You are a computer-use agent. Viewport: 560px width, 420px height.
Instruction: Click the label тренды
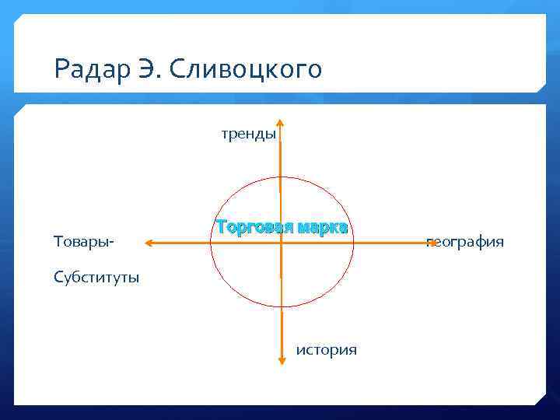(248, 134)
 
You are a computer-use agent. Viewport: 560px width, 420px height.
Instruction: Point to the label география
(465, 242)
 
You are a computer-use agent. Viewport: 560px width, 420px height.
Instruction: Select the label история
(327, 350)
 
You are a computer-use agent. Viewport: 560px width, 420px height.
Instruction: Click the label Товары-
(84, 242)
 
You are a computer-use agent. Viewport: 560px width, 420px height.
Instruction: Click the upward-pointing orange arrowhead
(280, 123)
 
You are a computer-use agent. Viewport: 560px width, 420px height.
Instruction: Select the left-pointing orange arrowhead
(149, 243)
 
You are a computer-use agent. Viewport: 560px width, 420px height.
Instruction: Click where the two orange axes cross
(281, 243)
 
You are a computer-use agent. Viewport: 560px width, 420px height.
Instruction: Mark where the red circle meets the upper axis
(280, 177)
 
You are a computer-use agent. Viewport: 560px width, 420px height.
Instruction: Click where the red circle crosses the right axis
(353, 243)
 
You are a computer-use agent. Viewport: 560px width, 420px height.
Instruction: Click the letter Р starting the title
(61, 70)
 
